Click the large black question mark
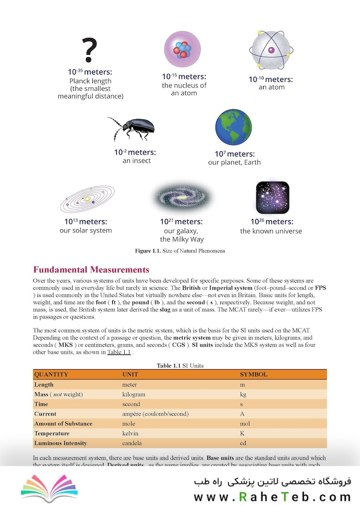(x=90, y=50)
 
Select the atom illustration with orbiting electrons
(x=271, y=50)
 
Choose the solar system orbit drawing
(x=88, y=199)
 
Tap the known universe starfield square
(x=272, y=197)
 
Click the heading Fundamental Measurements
(x=91, y=269)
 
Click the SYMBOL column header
(x=254, y=374)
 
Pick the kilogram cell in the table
(x=134, y=394)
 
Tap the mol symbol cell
(x=245, y=424)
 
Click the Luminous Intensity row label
(x=60, y=443)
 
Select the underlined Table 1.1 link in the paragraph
(x=119, y=353)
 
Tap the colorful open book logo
(x=49, y=487)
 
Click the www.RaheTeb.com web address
(x=272, y=496)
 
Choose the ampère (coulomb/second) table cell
(x=155, y=414)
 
